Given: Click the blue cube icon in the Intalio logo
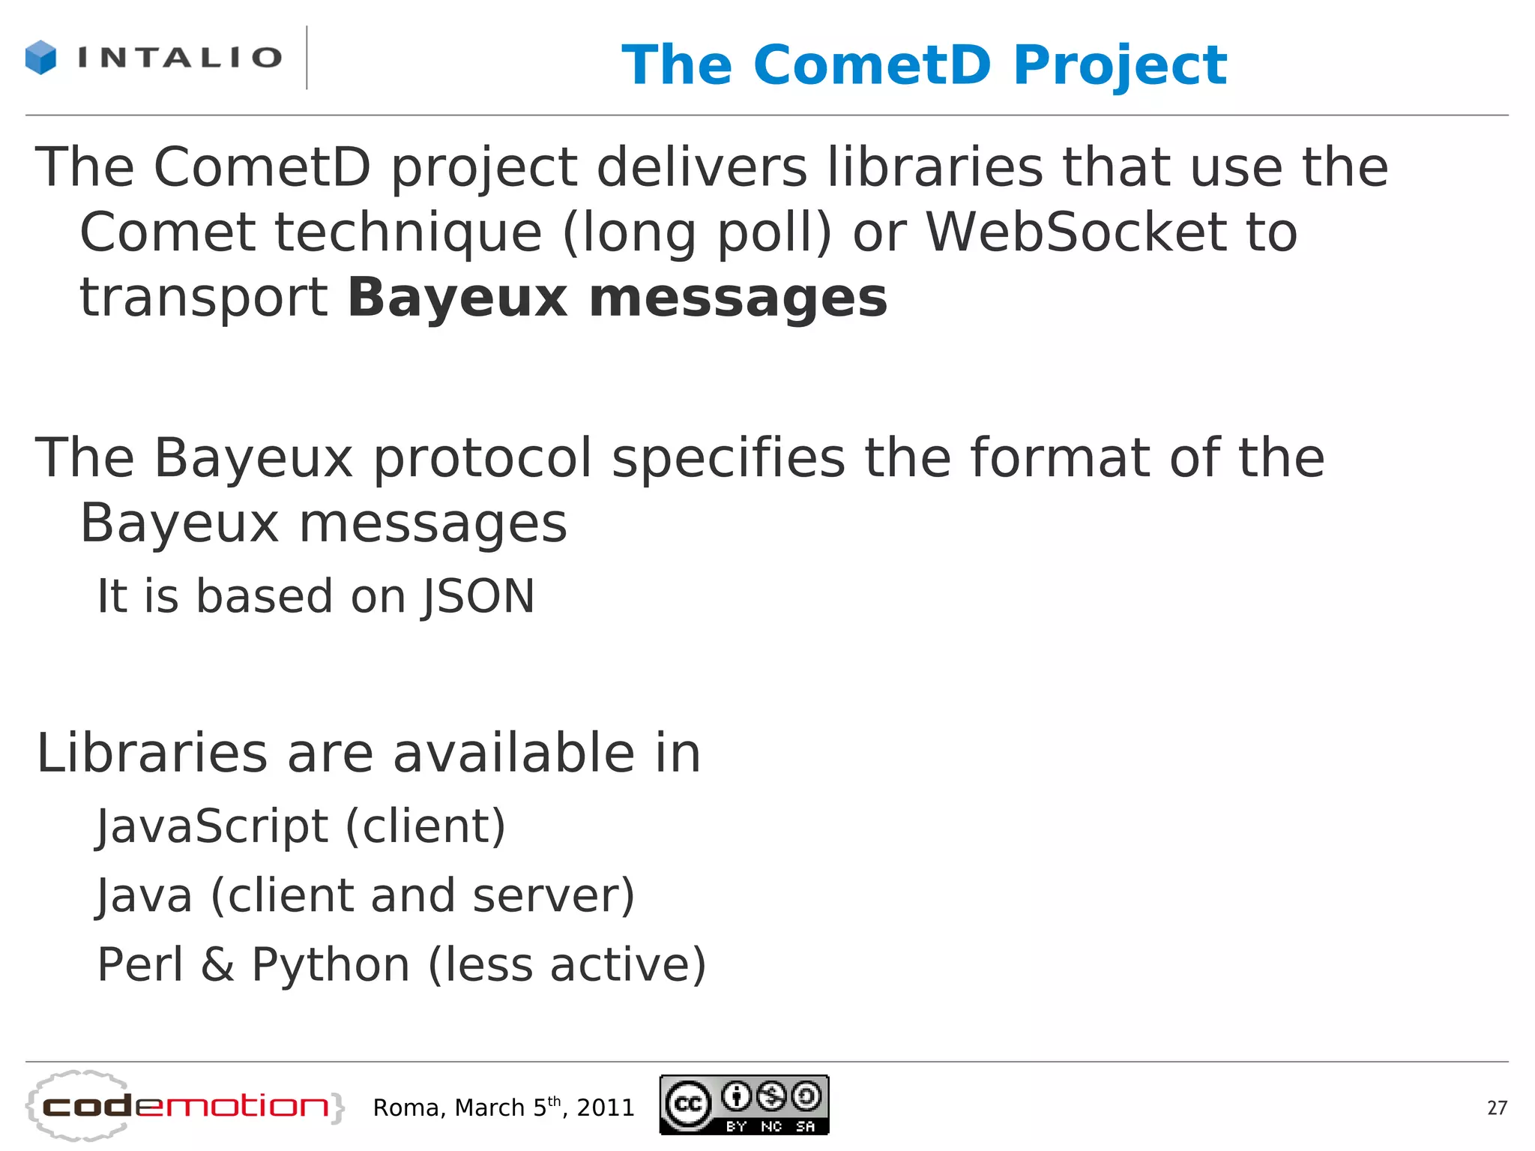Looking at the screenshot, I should [x=40, y=58].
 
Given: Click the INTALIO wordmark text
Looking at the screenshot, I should [x=180, y=58].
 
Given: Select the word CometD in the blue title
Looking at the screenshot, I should [x=872, y=65].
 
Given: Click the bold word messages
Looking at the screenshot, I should [x=738, y=298].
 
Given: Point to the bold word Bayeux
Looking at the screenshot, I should [x=458, y=298].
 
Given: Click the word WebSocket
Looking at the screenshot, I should [x=1075, y=232].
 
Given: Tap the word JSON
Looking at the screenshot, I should [x=479, y=597].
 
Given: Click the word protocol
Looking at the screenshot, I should [x=483, y=459].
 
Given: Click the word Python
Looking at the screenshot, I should [x=331, y=966].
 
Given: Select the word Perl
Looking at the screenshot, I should [x=140, y=964].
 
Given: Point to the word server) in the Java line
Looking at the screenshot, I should [x=554, y=896].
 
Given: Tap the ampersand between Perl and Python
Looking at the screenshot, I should [x=217, y=966].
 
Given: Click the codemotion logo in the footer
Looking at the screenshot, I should [x=184, y=1107].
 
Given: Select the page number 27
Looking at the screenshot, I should [x=1497, y=1108].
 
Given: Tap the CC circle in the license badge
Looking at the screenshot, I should [x=688, y=1104].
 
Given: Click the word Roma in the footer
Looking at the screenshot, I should [x=411, y=1108].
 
